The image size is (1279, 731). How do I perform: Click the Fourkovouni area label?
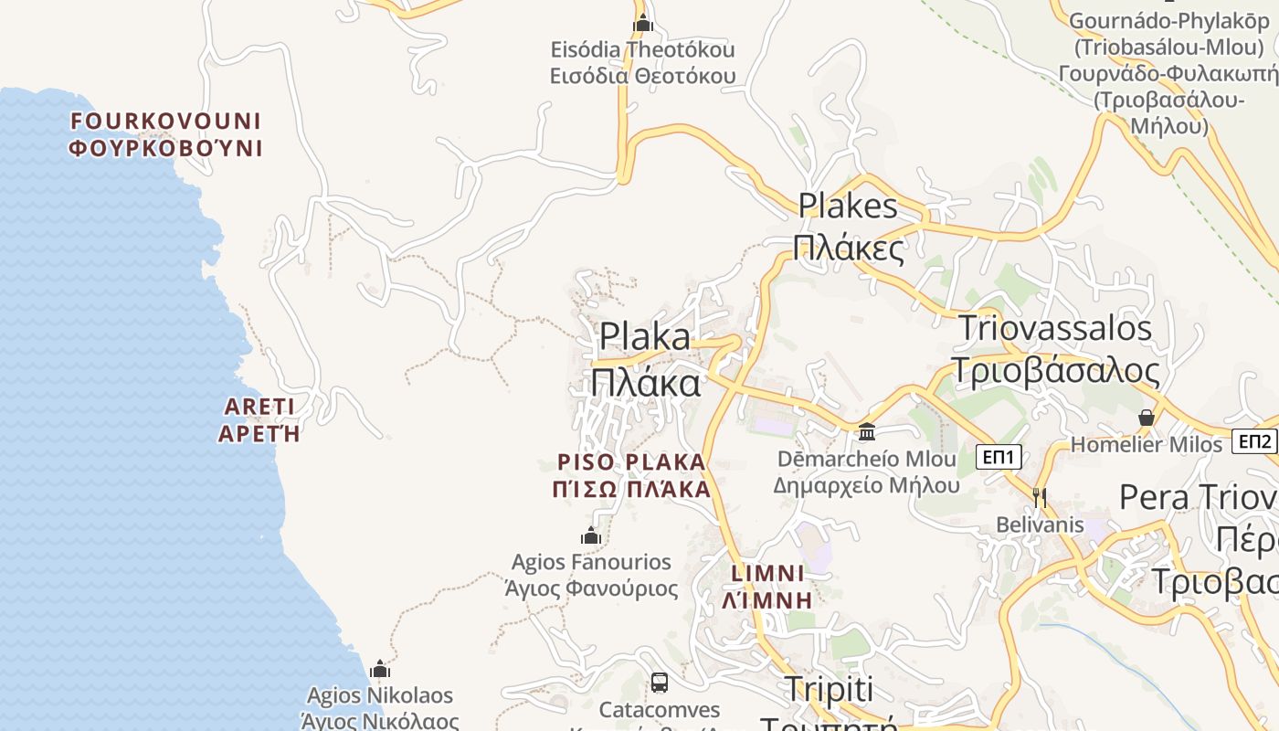point(165,134)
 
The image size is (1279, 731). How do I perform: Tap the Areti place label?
point(259,419)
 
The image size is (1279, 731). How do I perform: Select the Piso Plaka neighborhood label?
point(631,475)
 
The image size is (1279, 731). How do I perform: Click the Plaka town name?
point(645,359)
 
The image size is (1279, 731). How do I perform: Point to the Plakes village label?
point(848,227)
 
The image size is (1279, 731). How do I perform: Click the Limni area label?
point(768,587)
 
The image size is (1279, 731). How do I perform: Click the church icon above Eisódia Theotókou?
point(642,23)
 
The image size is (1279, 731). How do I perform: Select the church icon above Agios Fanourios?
point(591,535)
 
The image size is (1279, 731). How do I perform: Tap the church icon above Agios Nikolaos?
point(380,669)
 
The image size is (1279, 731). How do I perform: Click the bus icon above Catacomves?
point(659,682)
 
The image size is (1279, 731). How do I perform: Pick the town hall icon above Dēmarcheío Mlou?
point(866,431)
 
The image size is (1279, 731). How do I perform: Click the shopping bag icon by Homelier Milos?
point(1147,418)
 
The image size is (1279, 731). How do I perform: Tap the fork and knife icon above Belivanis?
point(1039,497)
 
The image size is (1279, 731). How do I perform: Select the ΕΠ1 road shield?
point(999,457)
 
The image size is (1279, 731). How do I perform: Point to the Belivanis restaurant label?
point(1040,525)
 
